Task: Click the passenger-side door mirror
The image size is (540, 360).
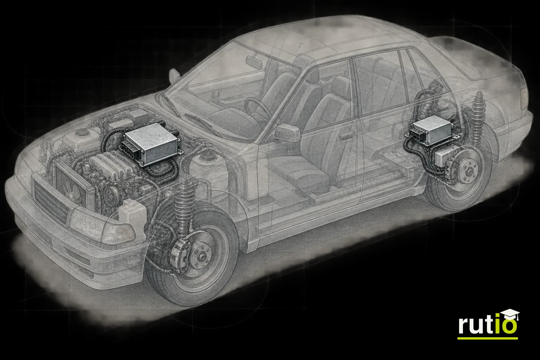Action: point(288,133)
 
